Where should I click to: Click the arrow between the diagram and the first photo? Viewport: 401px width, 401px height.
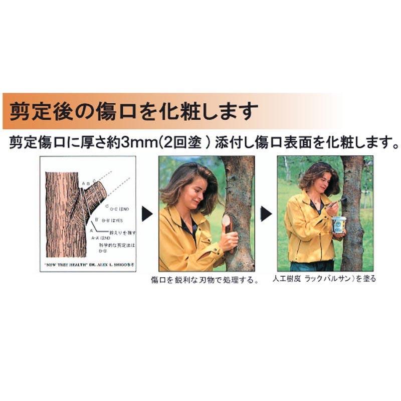pos(147,214)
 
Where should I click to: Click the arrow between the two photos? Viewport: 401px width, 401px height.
pos(266,214)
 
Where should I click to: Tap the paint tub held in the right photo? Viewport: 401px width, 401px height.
pos(339,225)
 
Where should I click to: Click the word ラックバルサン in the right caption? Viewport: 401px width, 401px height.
pos(330,279)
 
